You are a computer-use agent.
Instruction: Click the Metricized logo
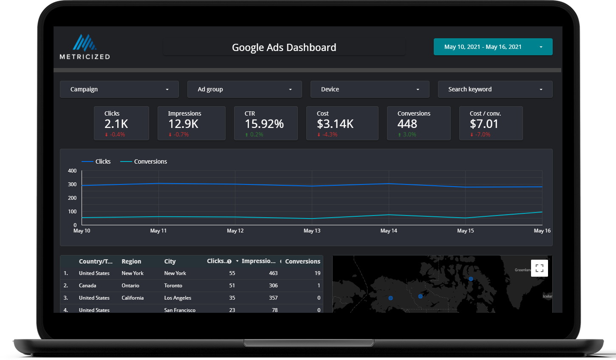click(x=85, y=47)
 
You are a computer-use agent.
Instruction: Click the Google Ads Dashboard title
click(x=284, y=47)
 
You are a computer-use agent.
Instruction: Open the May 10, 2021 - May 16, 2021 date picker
click(x=493, y=47)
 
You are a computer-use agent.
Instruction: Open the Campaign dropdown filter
click(x=119, y=89)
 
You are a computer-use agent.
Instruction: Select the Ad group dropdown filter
click(x=244, y=89)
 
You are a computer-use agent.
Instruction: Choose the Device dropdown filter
click(x=370, y=89)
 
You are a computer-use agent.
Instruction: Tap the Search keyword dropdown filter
click(x=495, y=89)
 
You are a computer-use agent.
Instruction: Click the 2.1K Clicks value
click(x=116, y=124)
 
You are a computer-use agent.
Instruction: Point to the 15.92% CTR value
click(x=264, y=124)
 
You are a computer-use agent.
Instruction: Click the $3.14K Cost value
click(x=335, y=124)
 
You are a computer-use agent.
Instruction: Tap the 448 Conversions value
click(x=407, y=124)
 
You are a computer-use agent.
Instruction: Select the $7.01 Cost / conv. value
click(x=484, y=124)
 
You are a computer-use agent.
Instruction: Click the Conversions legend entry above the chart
click(x=150, y=162)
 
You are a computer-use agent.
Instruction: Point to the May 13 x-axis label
click(x=312, y=231)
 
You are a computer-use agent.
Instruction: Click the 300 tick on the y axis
click(x=72, y=184)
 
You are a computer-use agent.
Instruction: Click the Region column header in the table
click(x=131, y=261)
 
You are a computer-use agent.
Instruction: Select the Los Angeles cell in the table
click(x=178, y=298)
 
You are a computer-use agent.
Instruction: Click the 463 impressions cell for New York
click(x=273, y=273)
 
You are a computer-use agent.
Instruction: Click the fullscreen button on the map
click(x=540, y=268)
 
